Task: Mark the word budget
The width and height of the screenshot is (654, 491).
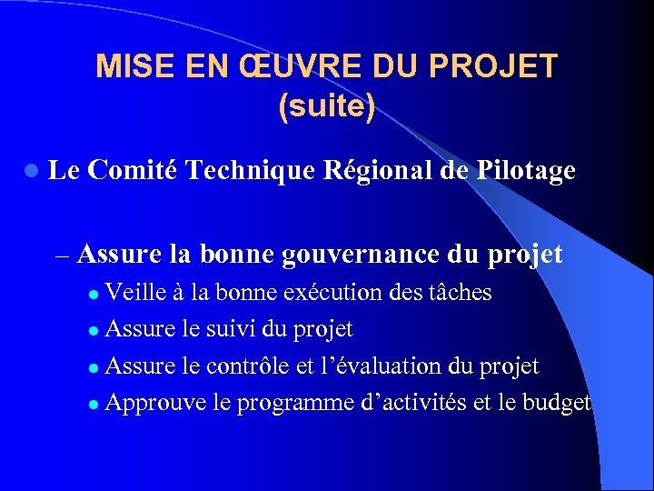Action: (558, 402)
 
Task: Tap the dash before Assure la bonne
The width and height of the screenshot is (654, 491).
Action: (62, 256)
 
